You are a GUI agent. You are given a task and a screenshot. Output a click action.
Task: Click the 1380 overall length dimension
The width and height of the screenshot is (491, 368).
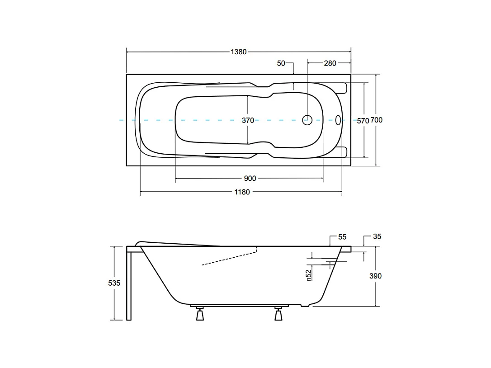click(239, 52)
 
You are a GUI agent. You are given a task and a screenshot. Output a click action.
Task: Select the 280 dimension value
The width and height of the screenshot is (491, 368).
click(330, 63)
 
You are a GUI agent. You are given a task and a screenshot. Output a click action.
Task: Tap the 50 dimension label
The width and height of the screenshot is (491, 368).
click(281, 63)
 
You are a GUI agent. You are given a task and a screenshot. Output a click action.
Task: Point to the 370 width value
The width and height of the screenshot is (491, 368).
click(247, 120)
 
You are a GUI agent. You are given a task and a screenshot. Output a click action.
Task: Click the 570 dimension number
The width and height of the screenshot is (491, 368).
click(363, 120)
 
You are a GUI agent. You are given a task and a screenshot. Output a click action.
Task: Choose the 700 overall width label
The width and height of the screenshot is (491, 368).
click(377, 120)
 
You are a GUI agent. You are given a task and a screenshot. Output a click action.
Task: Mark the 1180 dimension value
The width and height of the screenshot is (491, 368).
click(242, 192)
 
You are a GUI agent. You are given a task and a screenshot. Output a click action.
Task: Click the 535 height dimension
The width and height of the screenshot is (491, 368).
click(114, 283)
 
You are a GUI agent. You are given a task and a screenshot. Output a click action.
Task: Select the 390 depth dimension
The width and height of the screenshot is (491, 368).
click(375, 276)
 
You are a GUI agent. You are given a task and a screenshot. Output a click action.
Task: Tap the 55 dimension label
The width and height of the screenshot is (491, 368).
click(342, 237)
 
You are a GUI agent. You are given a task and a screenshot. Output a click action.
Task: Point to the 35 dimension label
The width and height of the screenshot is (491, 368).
click(378, 237)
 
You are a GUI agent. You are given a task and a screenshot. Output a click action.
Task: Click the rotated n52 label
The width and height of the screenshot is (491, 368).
click(309, 275)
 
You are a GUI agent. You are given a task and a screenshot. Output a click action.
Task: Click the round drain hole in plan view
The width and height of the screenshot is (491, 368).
click(307, 120)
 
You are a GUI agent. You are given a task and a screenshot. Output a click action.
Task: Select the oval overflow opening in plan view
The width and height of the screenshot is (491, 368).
click(339, 120)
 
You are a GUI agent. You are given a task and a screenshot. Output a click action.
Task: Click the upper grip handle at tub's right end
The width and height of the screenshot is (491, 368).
click(341, 87)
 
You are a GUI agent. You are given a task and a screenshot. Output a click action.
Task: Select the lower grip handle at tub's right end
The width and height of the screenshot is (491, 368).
click(341, 152)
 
